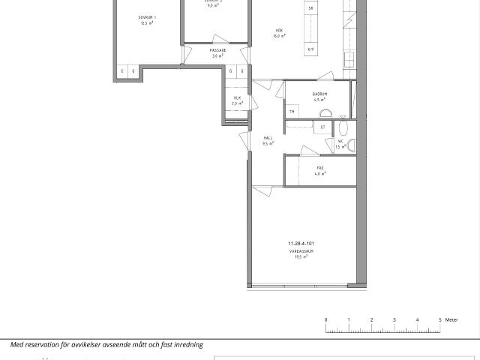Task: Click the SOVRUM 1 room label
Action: [147, 16]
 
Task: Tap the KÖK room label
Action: [280, 31]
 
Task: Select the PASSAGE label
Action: [218, 50]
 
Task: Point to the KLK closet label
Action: [238, 97]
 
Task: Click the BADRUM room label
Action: [320, 94]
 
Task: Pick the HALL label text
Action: [268, 137]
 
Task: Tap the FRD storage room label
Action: [319, 168]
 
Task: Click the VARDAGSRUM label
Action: [301, 251]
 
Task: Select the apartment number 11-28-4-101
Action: [301, 244]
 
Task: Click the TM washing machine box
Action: [292, 112]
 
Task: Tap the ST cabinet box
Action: [322, 127]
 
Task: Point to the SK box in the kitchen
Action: [311, 7]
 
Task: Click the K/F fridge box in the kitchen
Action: [311, 50]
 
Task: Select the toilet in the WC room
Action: [351, 144]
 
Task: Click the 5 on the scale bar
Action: [440, 320]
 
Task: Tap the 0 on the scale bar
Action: [326, 320]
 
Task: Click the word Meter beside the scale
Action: [451, 320]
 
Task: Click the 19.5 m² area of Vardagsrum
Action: [301, 257]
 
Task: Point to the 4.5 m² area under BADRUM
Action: [320, 99]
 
